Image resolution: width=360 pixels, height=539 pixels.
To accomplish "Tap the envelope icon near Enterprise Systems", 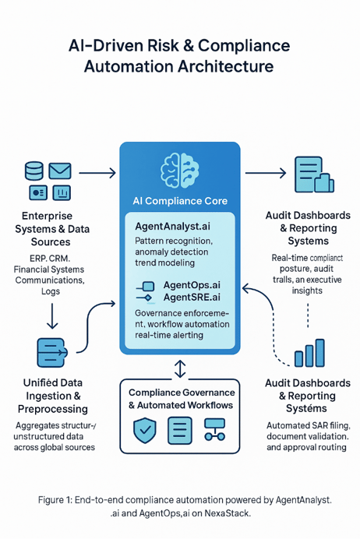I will (x=60, y=170).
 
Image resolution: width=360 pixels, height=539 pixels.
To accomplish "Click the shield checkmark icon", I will (x=145, y=429).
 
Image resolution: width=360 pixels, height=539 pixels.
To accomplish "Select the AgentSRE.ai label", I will (x=191, y=298).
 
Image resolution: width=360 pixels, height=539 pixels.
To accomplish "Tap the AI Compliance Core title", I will (x=180, y=200).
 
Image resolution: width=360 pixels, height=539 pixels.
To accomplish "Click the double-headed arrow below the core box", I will (x=180, y=368).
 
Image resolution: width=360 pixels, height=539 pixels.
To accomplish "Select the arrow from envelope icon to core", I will (x=97, y=173).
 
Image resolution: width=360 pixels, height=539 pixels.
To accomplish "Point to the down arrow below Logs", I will (x=30, y=315).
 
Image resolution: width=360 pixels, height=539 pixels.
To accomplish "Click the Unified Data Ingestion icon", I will (x=50, y=351).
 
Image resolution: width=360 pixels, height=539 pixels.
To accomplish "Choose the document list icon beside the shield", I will (x=180, y=429).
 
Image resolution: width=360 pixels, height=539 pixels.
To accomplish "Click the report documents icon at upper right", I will (x=312, y=174).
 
